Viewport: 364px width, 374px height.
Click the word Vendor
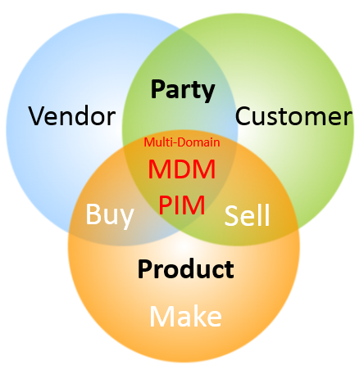click(x=71, y=116)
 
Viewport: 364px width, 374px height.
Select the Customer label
click(x=293, y=116)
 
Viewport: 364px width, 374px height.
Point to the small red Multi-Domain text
click(x=182, y=142)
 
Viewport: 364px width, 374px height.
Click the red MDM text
click(x=182, y=170)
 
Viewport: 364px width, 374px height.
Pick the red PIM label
click(x=182, y=205)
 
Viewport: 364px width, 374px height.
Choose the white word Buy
click(x=110, y=215)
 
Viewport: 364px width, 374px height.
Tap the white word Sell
click(x=248, y=216)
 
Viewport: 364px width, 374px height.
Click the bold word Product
click(x=186, y=268)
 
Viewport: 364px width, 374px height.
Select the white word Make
click(x=184, y=316)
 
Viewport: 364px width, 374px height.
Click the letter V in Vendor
click(x=37, y=116)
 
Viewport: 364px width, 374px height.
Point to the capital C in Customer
click(x=243, y=116)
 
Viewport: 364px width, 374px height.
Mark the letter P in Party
click(x=159, y=89)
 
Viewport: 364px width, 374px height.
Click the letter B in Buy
click(x=93, y=215)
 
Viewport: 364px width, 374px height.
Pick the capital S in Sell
click(x=231, y=216)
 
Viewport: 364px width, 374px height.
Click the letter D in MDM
click(x=181, y=170)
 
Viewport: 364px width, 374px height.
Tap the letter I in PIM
click(x=180, y=205)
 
